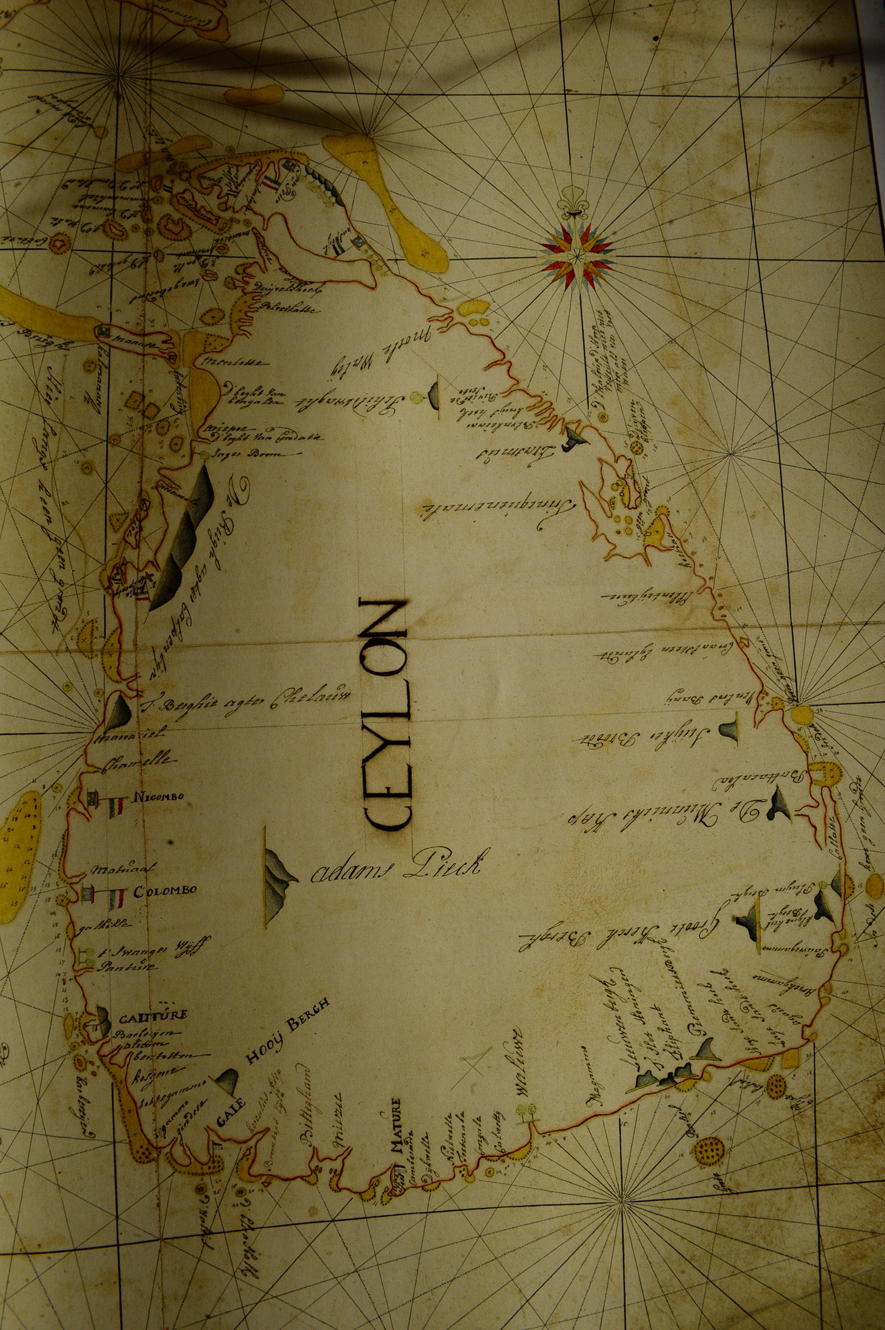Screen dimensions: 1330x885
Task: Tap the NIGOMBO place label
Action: [x=159, y=797]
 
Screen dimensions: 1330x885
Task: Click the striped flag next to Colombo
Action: [x=116, y=900]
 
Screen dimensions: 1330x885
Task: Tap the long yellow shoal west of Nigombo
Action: [x=18, y=856]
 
